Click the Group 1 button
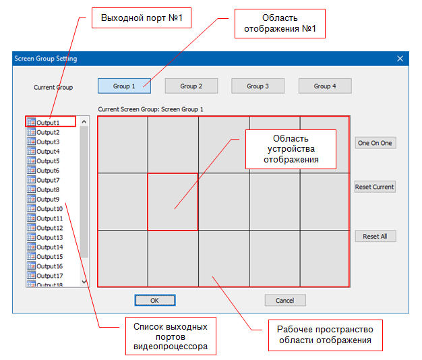(124, 86)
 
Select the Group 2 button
(191, 86)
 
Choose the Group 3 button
(258, 86)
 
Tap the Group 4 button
(325, 86)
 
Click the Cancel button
(285, 300)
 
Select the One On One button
(375, 143)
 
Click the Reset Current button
(375, 187)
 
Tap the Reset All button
(375, 236)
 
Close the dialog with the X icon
(400, 59)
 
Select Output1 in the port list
(48, 123)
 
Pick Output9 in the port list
(48, 199)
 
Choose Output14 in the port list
(50, 247)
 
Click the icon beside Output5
(31, 160)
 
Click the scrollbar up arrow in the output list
(84, 122)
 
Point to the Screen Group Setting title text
(46, 59)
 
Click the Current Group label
(53, 87)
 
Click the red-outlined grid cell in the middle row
(173, 202)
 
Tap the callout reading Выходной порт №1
(142, 18)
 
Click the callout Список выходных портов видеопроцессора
(171, 336)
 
